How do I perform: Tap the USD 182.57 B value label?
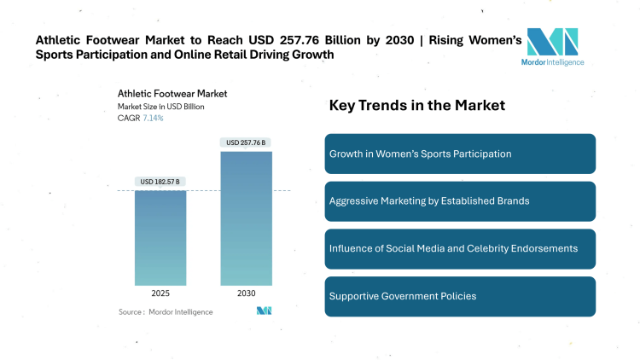(160, 182)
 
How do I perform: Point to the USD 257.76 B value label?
(246, 142)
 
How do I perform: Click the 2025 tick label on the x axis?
(160, 293)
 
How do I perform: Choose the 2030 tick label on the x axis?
(246, 293)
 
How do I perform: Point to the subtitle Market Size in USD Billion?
(160, 107)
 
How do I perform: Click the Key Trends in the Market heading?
(416, 106)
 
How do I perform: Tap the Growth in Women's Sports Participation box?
(460, 154)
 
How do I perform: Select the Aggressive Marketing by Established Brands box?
(460, 201)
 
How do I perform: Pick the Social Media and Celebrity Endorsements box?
(460, 248)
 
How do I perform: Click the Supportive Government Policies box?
(460, 296)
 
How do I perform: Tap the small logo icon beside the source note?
(264, 311)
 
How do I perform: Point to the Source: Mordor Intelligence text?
(166, 312)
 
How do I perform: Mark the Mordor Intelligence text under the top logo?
(552, 61)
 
